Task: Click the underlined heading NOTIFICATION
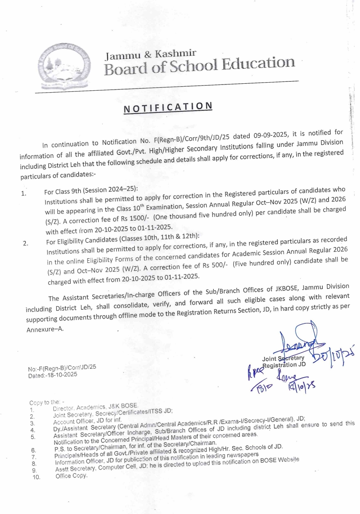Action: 168,107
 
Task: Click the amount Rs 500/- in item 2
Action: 211,265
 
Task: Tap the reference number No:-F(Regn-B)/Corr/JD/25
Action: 62,368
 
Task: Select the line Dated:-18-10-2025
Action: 53,375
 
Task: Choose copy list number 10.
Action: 36,477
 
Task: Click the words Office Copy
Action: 71,476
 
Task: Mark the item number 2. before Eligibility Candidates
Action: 25,243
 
